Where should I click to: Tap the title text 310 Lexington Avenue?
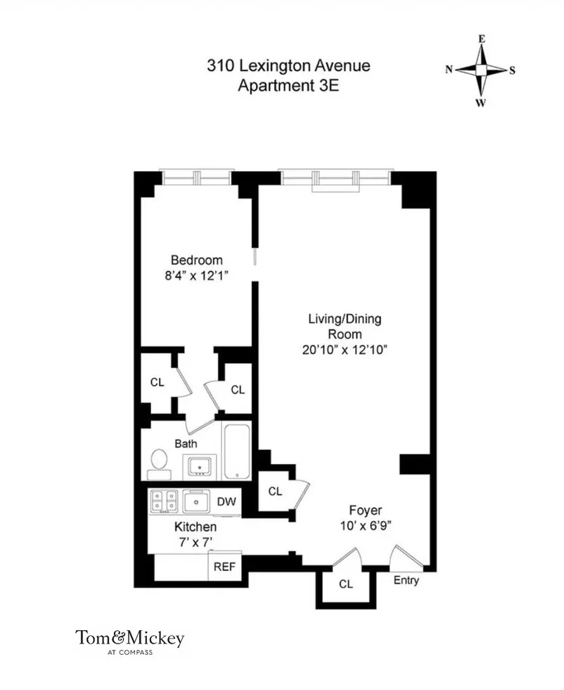288,67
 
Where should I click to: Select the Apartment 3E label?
288,87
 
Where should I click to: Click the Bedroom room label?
197,260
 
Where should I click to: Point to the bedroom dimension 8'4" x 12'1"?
197,276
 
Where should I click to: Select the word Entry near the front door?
406,581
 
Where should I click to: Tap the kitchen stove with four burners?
164,501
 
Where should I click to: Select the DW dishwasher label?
226,501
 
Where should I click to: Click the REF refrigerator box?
224,565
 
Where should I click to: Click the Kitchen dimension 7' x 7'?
195,541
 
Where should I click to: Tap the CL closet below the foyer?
345,584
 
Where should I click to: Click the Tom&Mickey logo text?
130,639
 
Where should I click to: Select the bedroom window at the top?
196,175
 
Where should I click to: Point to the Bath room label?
186,444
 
